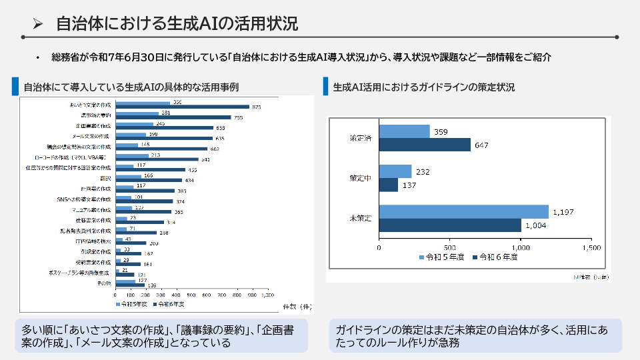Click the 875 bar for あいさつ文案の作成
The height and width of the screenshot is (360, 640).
point(182,107)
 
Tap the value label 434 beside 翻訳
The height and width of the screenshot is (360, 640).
point(190,180)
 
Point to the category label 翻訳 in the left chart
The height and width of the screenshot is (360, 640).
point(106,178)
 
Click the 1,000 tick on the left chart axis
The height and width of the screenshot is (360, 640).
point(267,294)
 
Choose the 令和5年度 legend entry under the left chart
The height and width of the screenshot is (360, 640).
point(133,304)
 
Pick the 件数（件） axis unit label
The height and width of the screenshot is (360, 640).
point(298,306)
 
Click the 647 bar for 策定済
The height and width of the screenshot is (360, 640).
point(425,145)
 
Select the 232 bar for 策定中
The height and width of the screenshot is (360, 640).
point(395,171)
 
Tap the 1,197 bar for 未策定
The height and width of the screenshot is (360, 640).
point(463,211)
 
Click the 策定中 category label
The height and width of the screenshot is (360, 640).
point(361,178)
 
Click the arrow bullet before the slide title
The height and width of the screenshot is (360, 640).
point(38,25)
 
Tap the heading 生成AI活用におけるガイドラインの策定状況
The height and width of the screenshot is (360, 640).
point(423,87)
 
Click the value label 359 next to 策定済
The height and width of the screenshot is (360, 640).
point(440,132)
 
